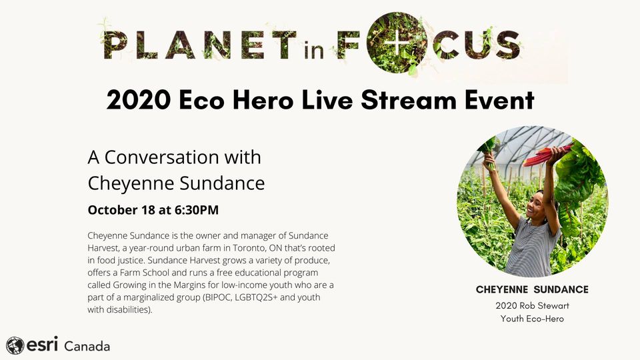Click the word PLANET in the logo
point(200,44)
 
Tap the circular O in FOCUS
point(396,43)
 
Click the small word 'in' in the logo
point(314,50)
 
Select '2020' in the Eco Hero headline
point(139,100)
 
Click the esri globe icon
point(15,345)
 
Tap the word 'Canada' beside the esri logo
point(87,347)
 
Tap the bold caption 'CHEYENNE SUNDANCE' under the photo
point(532,289)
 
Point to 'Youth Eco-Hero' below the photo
point(532,319)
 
